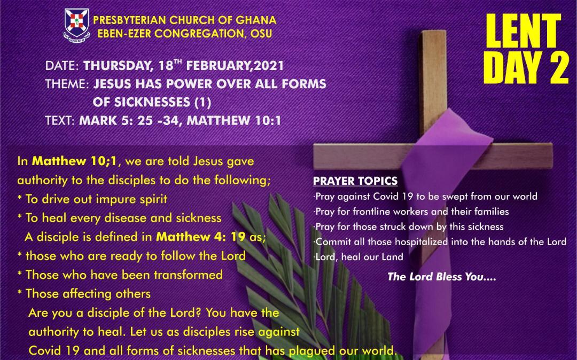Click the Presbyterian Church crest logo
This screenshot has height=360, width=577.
[76, 25]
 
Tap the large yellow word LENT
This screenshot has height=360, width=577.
[523, 31]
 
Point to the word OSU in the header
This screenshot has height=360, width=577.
[261, 34]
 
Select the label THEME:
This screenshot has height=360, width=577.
[67, 84]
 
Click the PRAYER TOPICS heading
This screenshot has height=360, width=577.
[355, 181]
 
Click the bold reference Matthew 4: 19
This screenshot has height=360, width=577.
[200, 237]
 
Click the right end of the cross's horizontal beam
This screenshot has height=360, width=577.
[551, 156]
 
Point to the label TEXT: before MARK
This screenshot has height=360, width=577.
[60, 120]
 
